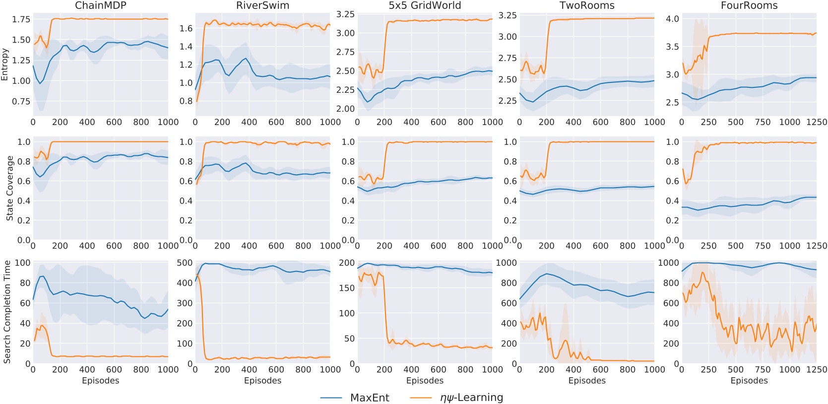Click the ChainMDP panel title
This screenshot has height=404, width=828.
coord(100,5)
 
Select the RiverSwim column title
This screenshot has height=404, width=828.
coord(262,5)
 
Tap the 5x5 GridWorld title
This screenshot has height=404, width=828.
coord(425,5)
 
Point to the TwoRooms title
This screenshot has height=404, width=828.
coord(587,5)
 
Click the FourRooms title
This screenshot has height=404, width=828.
coord(749,5)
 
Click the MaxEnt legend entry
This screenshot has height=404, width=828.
coord(370,398)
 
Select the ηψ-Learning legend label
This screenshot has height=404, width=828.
coord(471,398)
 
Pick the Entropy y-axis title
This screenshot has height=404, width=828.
coord(5,65)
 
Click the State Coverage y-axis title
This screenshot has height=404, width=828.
coord(9,188)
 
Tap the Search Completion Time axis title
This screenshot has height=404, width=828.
coord(7,312)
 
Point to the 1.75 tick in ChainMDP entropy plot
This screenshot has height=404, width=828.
coord(21,19)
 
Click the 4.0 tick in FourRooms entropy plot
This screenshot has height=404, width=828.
coord(672,19)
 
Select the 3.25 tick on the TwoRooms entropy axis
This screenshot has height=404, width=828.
coord(507,15)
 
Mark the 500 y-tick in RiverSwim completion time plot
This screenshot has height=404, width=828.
coord(185,263)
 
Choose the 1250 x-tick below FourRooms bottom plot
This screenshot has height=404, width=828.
coord(816,369)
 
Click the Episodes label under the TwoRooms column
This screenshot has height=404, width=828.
coord(587,381)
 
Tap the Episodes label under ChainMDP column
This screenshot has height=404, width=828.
coord(100,381)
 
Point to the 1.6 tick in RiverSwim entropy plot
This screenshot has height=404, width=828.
coord(186,28)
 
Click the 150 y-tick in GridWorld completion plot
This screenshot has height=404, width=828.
coord(346,288)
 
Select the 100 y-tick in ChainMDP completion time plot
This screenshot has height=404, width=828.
coord(23,263)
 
